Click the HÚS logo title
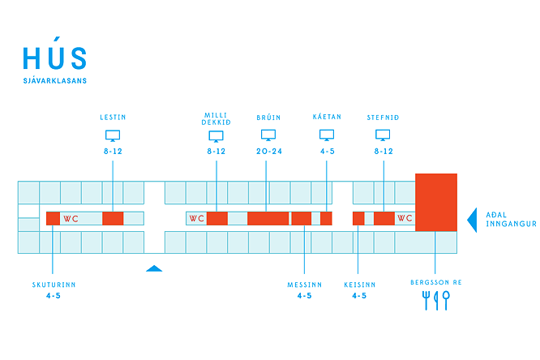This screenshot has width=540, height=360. (x=55, y=54)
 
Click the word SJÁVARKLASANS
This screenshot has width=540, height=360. (x=55, y=80)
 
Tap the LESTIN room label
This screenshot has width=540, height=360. (x=113, y=118)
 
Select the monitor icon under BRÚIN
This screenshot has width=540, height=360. (x=268, y=135)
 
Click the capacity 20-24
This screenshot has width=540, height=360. (x=269, y=152)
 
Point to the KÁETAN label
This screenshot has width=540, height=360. (x=327, y=117)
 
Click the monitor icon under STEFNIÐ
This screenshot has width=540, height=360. (x=383, y=135)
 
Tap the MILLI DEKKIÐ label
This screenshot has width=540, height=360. (x=216, y=119)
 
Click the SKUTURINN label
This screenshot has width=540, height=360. (x=54, y=285)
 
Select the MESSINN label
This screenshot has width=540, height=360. (x=305, y=285)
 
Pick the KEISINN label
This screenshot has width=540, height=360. (x=359, y=285)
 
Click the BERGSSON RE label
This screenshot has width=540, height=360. (x=436, y=282)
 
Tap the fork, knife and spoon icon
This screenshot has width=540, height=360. (x=436, y=300)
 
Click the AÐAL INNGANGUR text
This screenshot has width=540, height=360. (x=511, y=220)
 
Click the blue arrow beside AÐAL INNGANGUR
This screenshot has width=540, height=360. (x=472, y=220)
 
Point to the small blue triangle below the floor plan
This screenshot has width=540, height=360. (x=154, y=268)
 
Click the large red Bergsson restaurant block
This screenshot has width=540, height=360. (x=436, y=202)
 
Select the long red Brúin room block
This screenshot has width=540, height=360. (x=268, y=218)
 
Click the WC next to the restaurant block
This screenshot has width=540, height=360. (x=405, y=218)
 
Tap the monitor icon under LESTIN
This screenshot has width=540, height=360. (x=113, y=135)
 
